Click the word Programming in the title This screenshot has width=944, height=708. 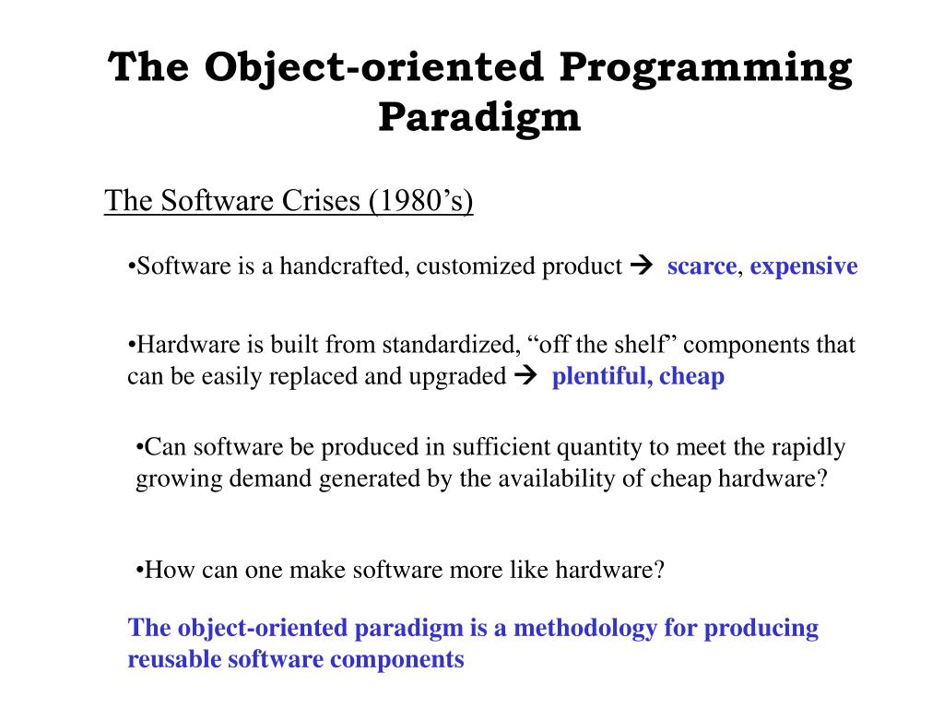point(705,68)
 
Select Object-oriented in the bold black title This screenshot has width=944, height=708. point(374,68)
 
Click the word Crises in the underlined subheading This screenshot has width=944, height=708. point(321,200)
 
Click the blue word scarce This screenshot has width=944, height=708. point(702,266)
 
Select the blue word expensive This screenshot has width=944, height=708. point(804,266)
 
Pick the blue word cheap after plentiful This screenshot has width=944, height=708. point(691,377)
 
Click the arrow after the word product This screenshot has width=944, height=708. point(642,265)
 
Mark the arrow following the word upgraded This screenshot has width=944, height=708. point(525,375)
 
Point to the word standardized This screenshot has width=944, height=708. point(449,345)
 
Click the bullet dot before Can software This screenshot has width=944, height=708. point(140,448)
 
